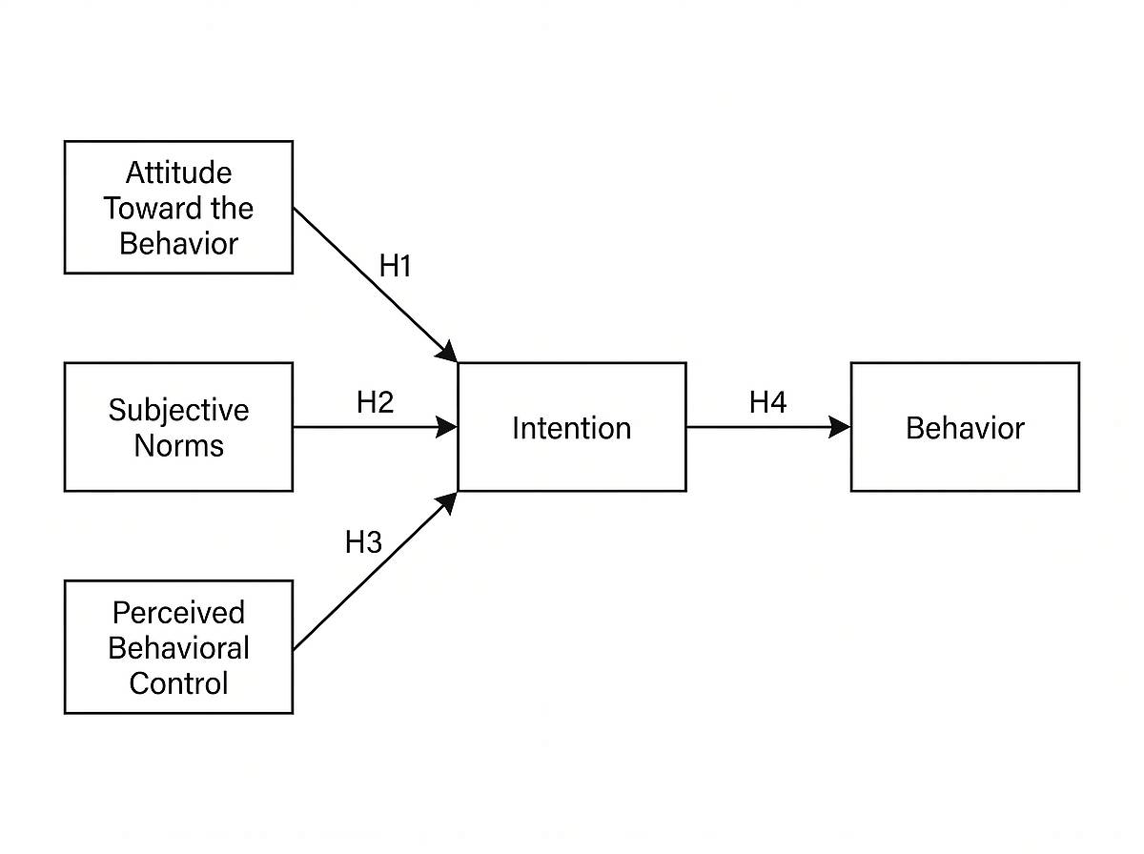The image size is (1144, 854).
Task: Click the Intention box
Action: (x=571, y=427)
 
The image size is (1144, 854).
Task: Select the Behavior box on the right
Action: (x=964, y=427)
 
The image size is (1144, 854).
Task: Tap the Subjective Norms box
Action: (x=178, y=427)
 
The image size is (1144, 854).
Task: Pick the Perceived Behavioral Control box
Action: (x=178, y=647)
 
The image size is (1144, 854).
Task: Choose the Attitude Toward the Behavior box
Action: (x=178, y=207)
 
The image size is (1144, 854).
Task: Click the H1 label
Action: (x=395, y=266)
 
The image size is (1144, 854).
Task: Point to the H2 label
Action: (x=375, y=402)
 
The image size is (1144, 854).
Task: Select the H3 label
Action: (x=362, y=542)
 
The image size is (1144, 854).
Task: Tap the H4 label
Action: (x=767, y=402)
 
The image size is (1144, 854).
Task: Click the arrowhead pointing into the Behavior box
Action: (x=840, y=427)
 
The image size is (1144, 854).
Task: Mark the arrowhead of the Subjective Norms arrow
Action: (x=447, y=427)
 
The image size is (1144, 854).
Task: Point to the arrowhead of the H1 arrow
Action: (x=447, y=352)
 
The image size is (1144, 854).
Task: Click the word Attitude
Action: (x=178, y=173)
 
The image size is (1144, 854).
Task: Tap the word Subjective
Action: (x=178, y=410)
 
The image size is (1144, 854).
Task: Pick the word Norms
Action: (x=178, y=445)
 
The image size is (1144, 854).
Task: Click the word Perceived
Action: (x=178, y=612)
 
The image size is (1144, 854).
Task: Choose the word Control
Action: (x=178, y=682)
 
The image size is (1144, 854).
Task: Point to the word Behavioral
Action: (x=178, y=647)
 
